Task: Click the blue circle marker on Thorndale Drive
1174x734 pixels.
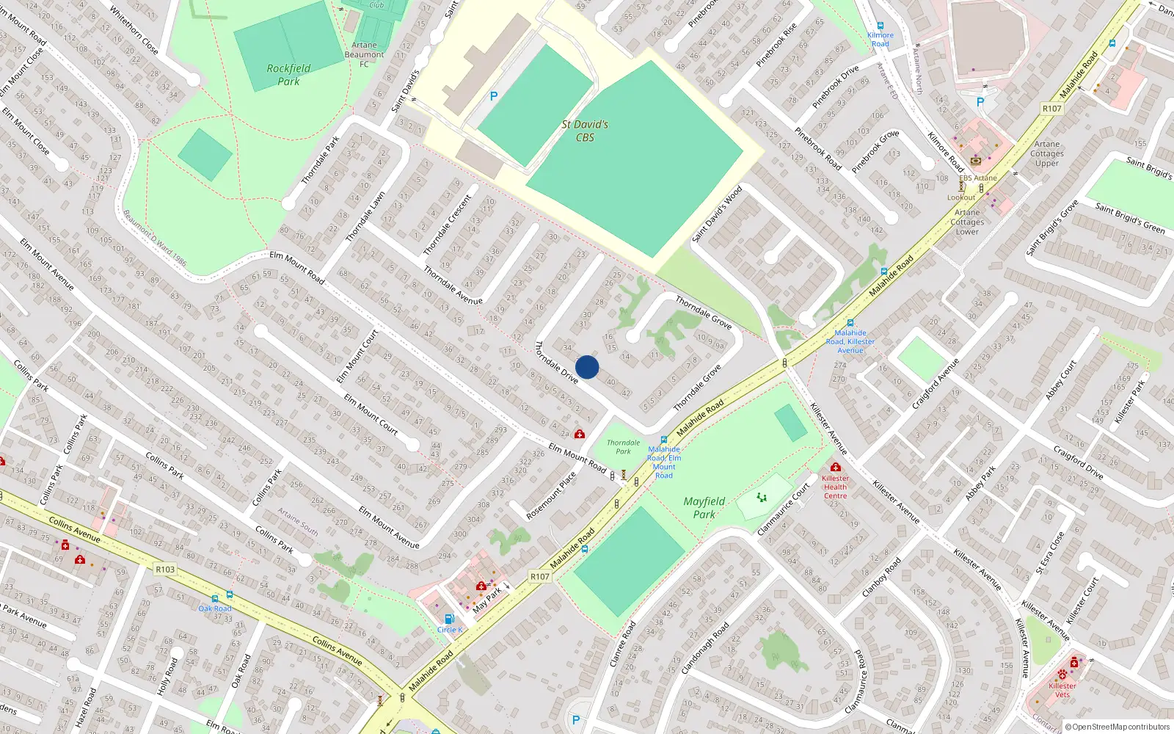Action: click(x=587, y=367)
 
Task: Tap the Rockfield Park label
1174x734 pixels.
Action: click(x=288, y=75)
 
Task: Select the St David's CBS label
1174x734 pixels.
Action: click(x=585, y=131)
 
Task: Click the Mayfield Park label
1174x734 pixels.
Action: click(x=704, y=507)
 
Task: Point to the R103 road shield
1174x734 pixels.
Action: click(x=165, y=569)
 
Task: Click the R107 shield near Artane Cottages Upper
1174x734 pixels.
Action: click(x=1051, y=109)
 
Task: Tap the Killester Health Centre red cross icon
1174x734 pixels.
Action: click(x=835, y=467)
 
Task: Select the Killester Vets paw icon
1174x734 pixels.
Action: click(x=1062, y=674)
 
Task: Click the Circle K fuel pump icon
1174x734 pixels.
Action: click(x=449, y=619)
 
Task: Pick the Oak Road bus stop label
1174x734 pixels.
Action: click(x=215, y=608)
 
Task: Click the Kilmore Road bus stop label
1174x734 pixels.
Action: click(x=880, y=40)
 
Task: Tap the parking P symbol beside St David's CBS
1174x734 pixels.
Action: click(x=494, y=96)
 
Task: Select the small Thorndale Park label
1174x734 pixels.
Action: click(x=623, y=447)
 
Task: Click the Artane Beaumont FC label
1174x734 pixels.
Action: click(x=364, y=54)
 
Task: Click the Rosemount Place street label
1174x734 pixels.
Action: click(x=551, y=495)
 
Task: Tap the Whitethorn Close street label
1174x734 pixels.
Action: click(x=134, y=29)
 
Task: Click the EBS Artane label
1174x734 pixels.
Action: click(x=978, y=178)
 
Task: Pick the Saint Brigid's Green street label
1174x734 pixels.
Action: click(x=1130, y=219)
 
